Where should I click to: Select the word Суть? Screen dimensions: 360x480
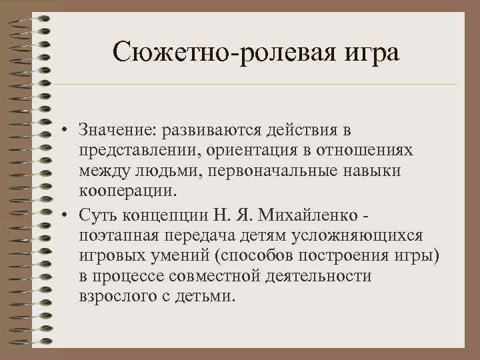pos(95,213)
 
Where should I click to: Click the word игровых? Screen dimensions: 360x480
pos(110,256)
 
